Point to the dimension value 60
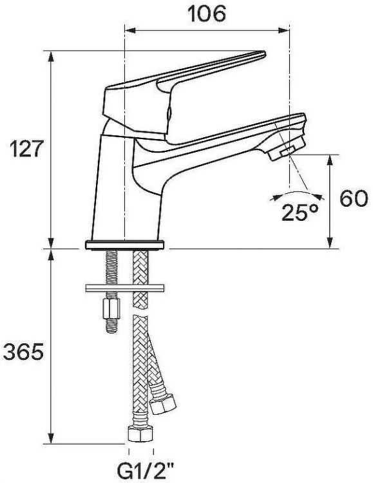click(x=354, y=199)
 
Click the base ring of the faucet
click(x=125, y=245)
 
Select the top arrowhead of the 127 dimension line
click(x=52, y=53)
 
